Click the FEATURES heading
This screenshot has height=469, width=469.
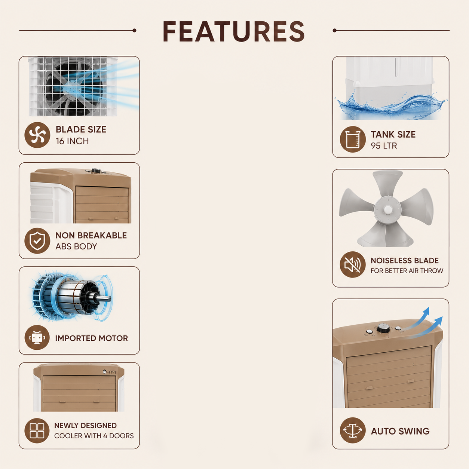click(233, 31)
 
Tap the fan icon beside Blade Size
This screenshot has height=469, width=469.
click(37, 135)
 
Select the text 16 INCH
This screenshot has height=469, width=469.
click(72, 141)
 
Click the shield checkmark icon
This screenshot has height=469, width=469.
click(37, 241)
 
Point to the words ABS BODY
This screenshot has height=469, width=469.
click(76, 246)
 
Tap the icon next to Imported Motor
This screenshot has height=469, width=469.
click(37, 338)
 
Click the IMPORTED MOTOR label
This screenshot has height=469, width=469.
click(92, 338)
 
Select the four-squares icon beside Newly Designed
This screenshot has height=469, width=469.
click(37, 431)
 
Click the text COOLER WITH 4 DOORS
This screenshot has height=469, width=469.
click(94, 436)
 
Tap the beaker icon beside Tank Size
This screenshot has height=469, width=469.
click(353, 140)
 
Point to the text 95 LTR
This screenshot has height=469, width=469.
click(384, 146)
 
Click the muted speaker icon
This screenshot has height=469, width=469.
click(353, 264)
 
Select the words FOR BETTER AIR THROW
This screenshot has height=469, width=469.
click(407, 271)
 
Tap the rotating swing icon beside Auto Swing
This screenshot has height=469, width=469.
click(353, 430)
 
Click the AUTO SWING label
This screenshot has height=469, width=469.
click(400, 431)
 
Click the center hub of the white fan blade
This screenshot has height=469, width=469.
click(388, 209)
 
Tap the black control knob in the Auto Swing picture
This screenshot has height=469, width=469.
click(384, 329)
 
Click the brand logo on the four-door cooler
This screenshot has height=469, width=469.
click(109, 372)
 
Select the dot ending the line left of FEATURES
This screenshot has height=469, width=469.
click(134, 30)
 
